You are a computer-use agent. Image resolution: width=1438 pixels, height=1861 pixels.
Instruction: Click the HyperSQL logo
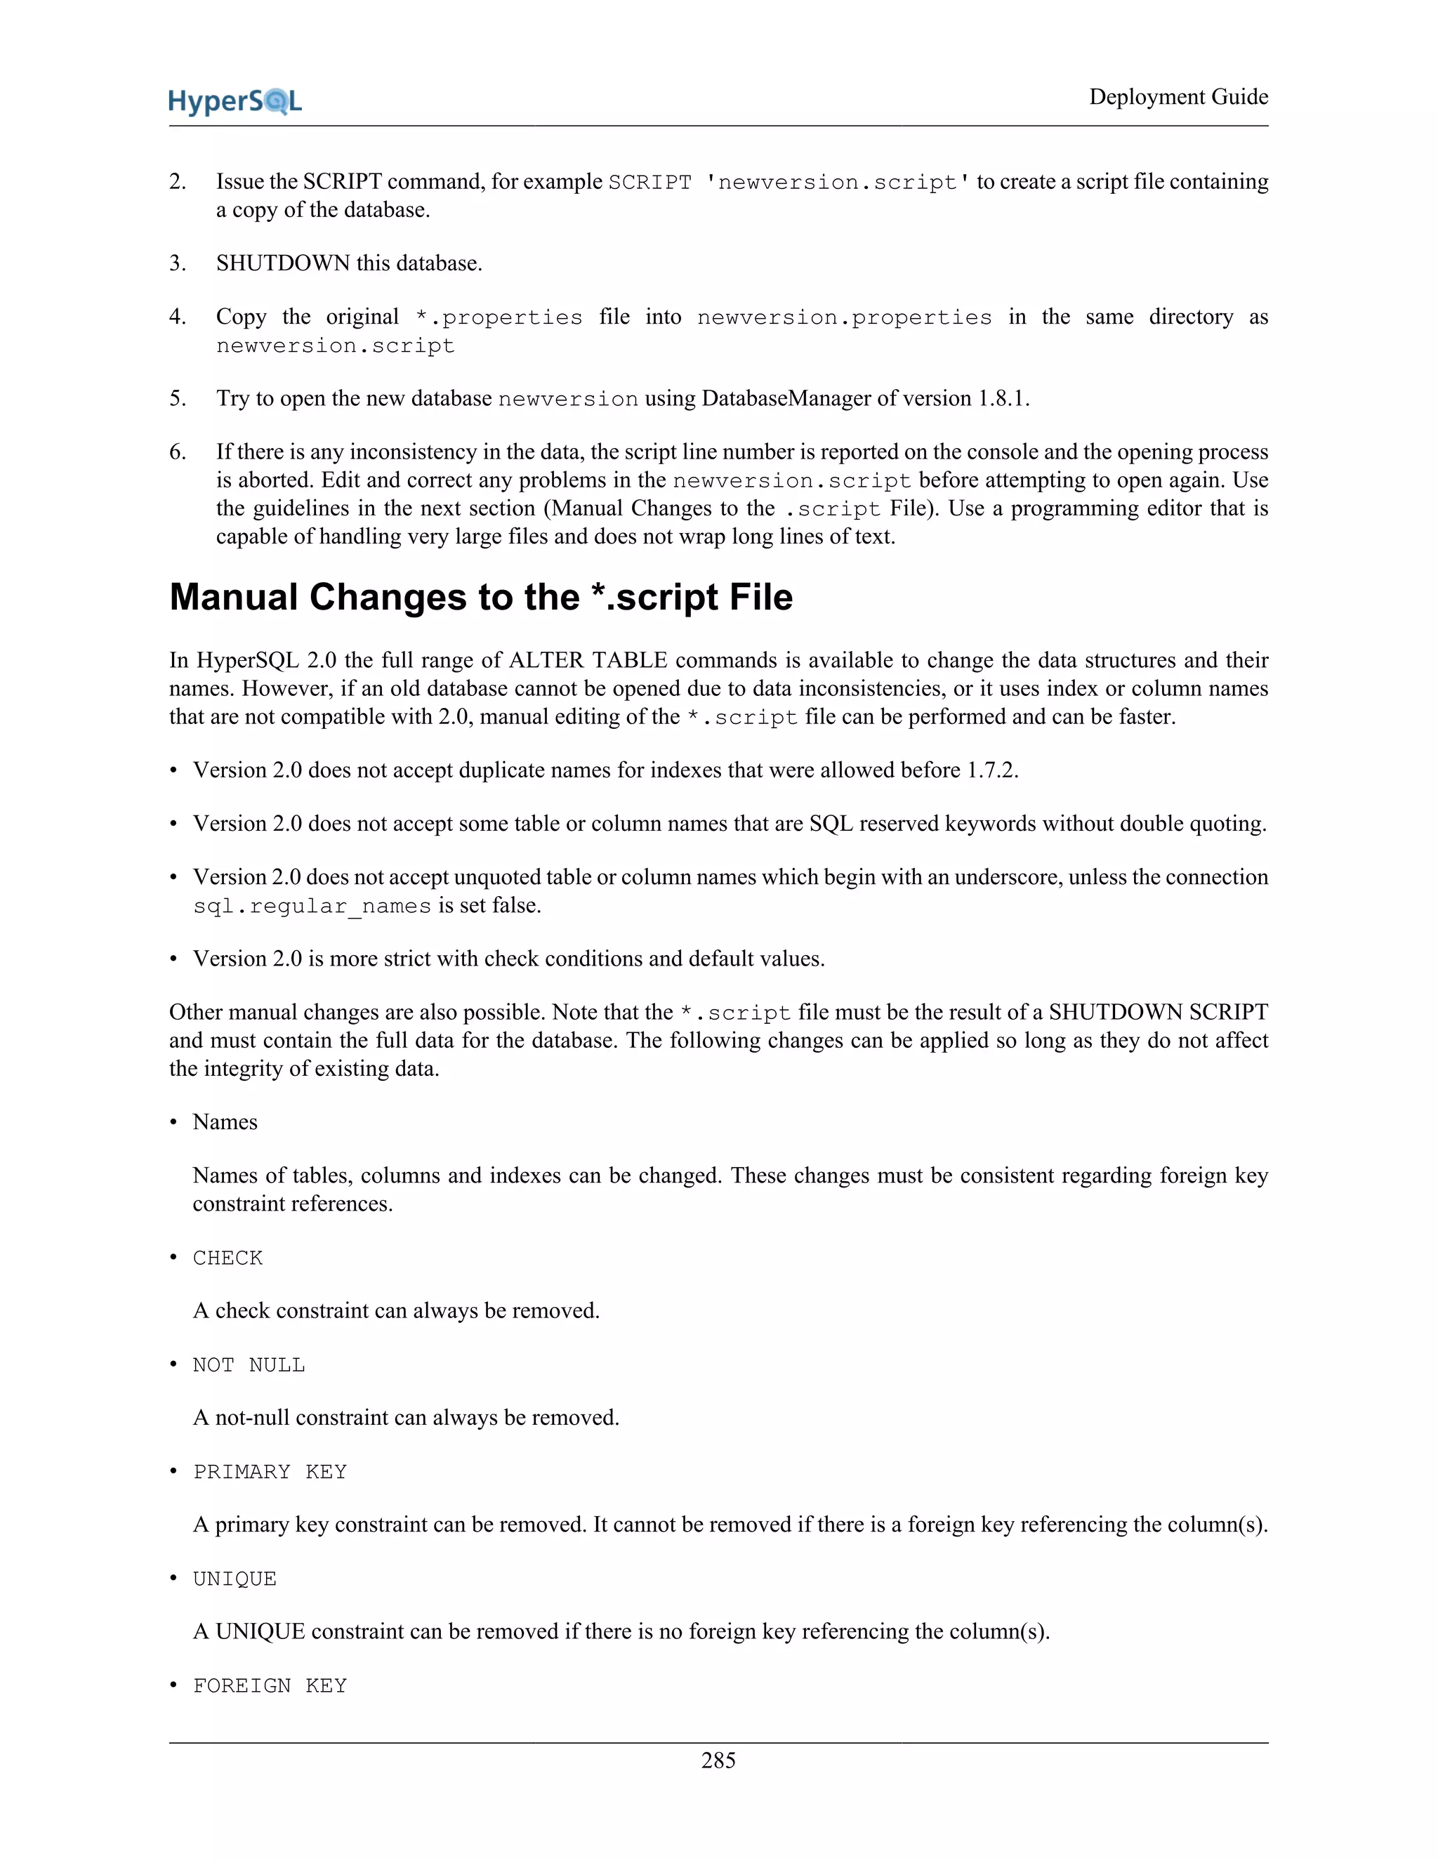tap(235, 101)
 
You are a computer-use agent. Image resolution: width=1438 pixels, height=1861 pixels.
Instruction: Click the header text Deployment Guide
tap(1178, 97)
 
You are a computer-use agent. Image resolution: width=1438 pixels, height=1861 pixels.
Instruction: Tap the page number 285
tap(718, 1760)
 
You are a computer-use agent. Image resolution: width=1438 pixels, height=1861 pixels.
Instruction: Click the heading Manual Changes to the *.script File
tap(480, 598)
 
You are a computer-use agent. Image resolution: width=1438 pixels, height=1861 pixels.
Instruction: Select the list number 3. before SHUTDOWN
tap(177, 263)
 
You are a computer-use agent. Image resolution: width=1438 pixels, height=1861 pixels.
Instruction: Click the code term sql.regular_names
tap(312, 906)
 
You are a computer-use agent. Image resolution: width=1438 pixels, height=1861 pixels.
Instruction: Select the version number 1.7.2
tap(991, 770)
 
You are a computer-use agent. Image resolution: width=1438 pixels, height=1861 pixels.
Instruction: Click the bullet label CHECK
tap(227, 1258)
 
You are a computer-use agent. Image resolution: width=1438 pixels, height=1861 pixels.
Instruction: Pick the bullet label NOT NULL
tap(249, 1365)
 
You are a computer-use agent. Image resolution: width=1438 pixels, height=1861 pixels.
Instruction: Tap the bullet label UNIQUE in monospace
tap(235, 1579)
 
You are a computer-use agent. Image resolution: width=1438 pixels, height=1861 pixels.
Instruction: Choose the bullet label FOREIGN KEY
tap(269, 1685)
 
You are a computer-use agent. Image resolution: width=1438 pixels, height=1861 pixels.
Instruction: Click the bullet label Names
tap(225, 1122)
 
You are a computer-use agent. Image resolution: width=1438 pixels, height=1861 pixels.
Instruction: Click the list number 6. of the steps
tap(177, 452)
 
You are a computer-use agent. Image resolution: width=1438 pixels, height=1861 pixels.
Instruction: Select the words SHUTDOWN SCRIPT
tap(1158, 1012)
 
